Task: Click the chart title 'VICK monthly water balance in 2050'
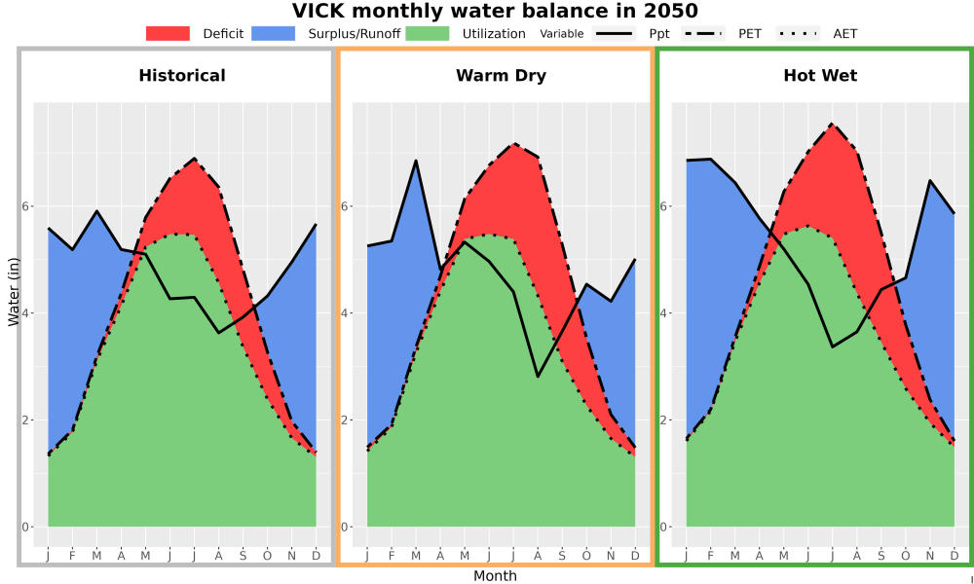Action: tap(495, 11)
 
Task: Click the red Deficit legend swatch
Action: tap(168, 33)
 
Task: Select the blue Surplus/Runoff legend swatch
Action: tap(274, 33)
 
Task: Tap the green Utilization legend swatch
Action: tap(428, 33)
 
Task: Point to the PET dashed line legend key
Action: tap(703, 33)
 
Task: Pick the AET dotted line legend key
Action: tap(798, 33)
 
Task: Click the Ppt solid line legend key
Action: tap(614, 33)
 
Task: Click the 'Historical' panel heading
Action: tap(182, 76)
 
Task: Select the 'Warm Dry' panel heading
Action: tap(502, 76)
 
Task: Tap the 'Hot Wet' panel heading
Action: tap(820, 76)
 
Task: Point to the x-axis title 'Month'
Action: tap(495, 576)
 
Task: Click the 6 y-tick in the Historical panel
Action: tap(26, 206)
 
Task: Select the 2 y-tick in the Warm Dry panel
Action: tap(346, 420)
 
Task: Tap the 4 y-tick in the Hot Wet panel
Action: tap(664, 312)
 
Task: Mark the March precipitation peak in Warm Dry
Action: tap(416, 161)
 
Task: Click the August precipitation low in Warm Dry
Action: tap(538, 377)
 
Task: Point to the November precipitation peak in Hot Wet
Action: tap(930, 181)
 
